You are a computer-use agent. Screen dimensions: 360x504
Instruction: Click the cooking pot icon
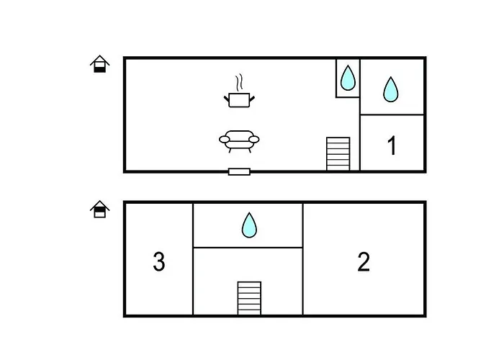[x=239, y=99]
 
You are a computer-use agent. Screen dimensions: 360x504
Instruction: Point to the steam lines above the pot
[x=239, y=81]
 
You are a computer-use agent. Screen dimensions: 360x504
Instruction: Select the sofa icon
[x=239, y=140]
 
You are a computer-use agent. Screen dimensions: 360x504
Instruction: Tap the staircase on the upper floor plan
[x=338, y=153]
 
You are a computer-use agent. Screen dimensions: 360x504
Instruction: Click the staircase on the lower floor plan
[x=249, y=297]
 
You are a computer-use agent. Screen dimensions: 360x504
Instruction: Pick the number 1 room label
[x=392, y=146]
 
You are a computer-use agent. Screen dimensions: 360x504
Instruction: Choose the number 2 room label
[x=364, y=261]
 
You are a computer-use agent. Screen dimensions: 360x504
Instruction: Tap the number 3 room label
[x=159, y=261]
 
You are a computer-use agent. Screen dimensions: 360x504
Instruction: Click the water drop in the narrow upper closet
[x=348, y=78]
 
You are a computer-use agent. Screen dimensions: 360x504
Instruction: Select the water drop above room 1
[x=390, y=89]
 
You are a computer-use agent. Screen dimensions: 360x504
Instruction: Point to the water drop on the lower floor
[x=248, y=225]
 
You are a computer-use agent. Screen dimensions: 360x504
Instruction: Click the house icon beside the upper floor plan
[x=99, y=64]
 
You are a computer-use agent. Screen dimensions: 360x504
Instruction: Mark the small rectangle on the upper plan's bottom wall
[x=239, y=171]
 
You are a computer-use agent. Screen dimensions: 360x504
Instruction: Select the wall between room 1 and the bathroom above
[x=392, y=114]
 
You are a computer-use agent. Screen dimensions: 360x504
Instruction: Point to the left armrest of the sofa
[x=224, y=139]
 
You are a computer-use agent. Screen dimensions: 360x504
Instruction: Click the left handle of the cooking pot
[x=228, y=96]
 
